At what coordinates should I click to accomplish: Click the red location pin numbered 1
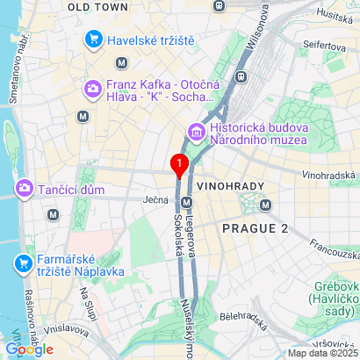pos(179,164)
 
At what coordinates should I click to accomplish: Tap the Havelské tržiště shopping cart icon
pos(92,40)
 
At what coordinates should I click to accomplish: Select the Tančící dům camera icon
pos(24,188)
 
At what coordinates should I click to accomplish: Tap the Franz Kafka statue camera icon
pos(92,88)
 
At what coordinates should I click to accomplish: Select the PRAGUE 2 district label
pos(256,228)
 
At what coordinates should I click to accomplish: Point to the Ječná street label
pos(155,200)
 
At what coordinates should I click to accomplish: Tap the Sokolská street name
pos(177,235)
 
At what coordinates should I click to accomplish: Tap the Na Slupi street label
pos(90,308)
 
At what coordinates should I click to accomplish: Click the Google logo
pos(29,349)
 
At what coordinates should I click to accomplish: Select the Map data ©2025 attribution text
pos(323,353)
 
